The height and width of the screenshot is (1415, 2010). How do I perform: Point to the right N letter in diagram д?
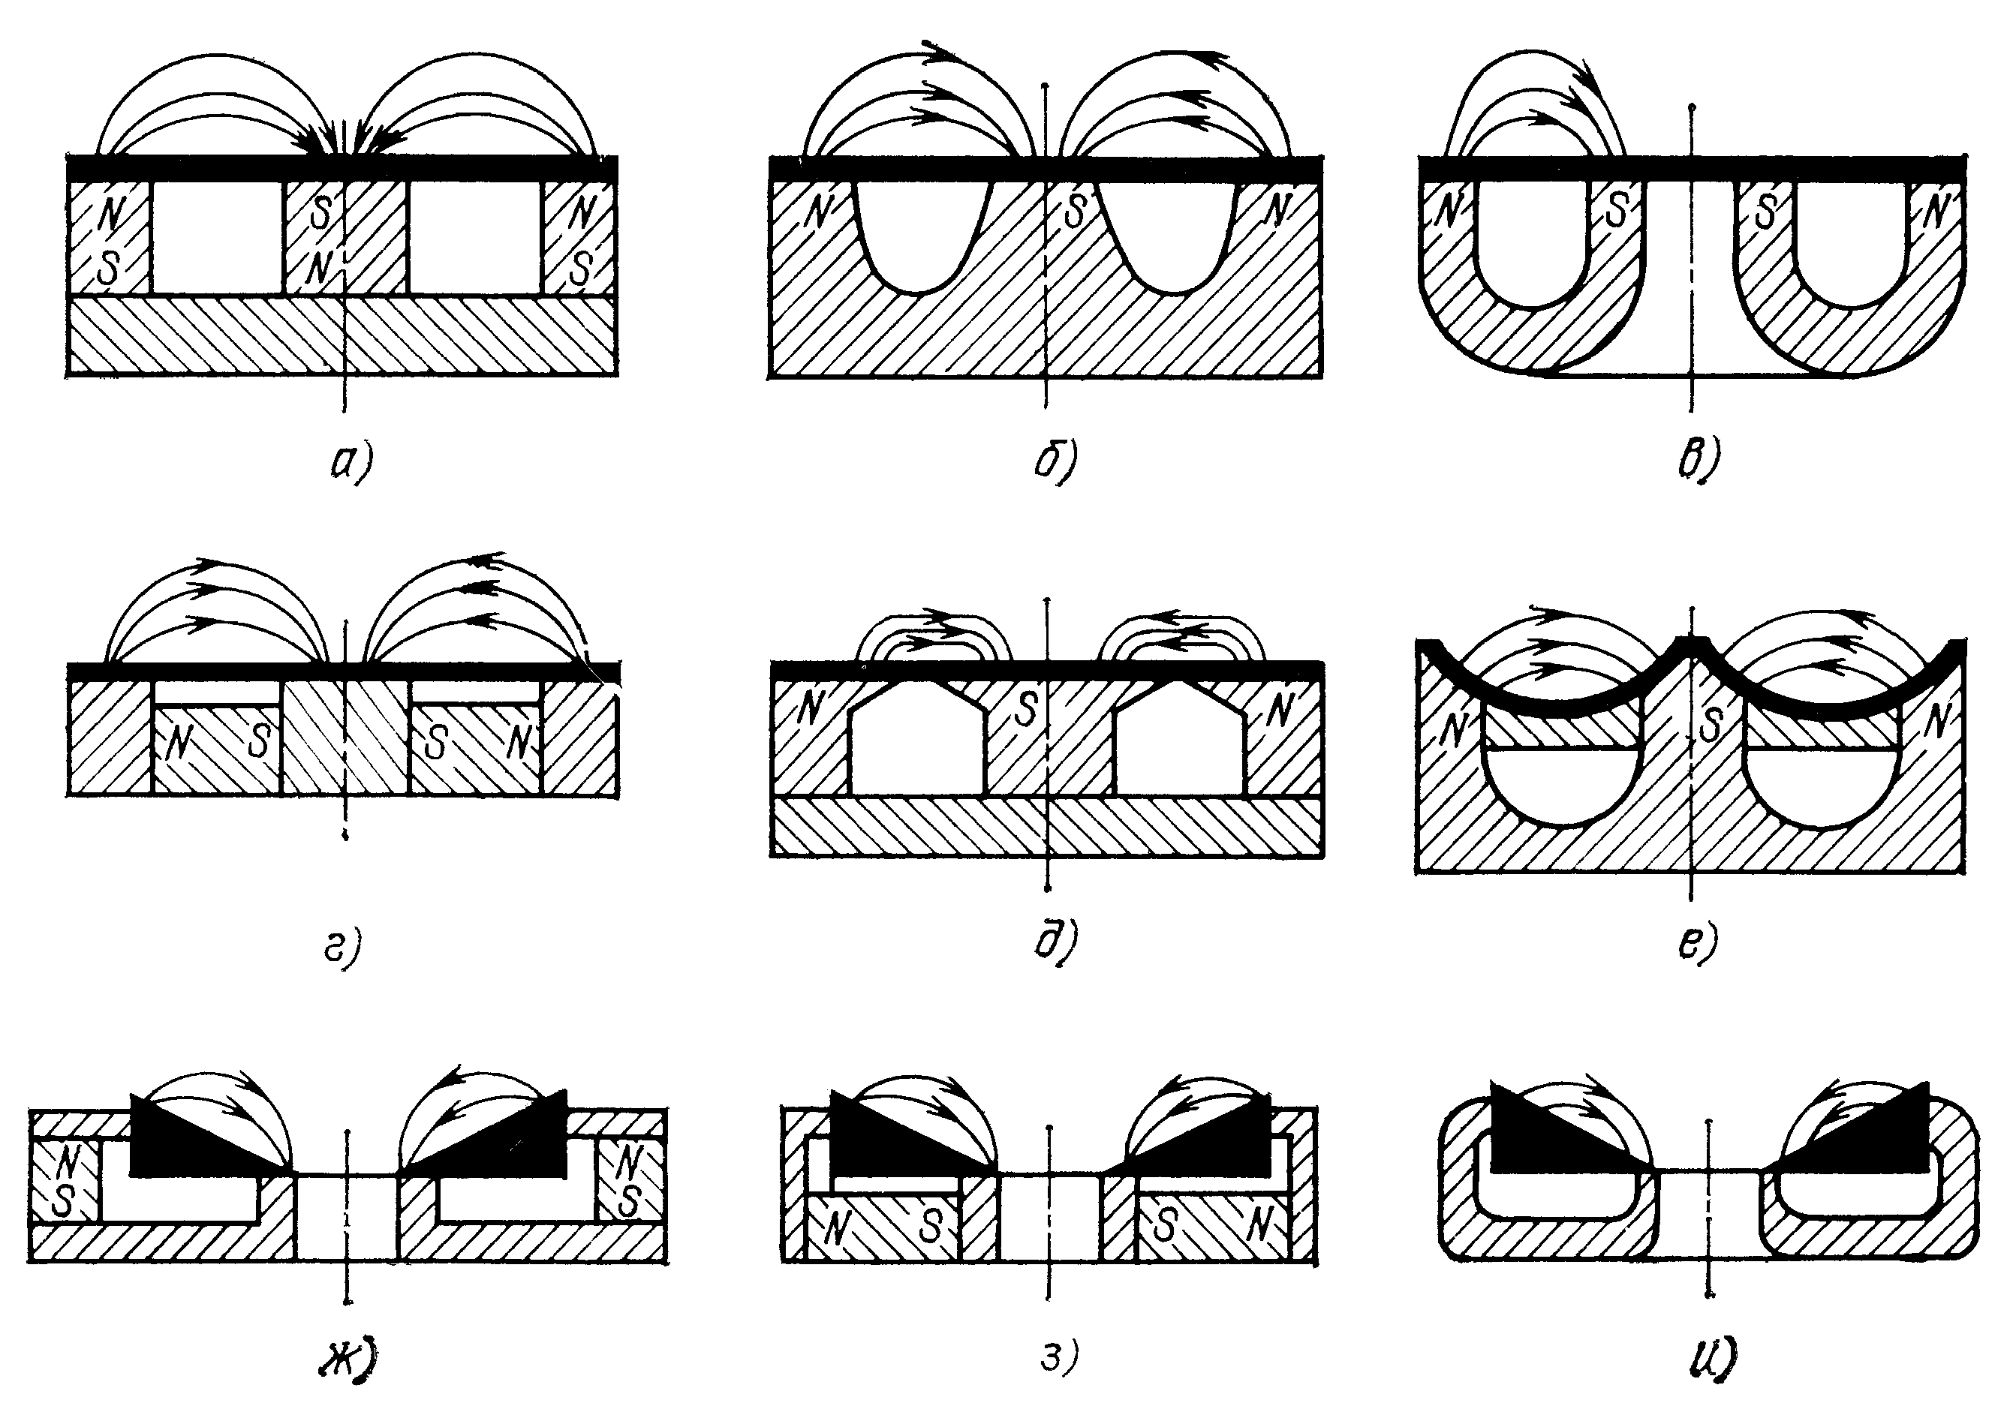pos(1280,709)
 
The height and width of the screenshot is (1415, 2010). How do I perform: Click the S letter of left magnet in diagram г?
pos(258,741)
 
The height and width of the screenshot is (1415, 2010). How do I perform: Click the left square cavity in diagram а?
pos(219,238)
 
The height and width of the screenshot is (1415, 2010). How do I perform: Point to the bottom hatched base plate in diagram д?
pos(1047,826)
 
